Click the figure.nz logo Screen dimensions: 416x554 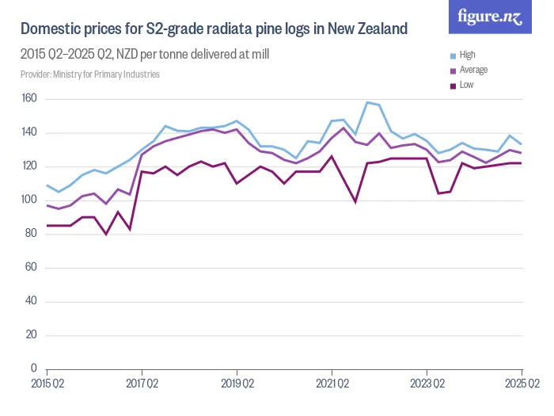[491, 17]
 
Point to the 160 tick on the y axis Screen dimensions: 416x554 [29, 99]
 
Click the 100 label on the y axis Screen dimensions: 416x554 [29, 200]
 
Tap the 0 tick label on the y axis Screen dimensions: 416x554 [34, 368]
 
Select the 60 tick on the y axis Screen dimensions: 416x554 [32, 267]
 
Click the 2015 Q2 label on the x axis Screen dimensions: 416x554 [47, 384]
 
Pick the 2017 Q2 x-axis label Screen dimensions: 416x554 [142, 384]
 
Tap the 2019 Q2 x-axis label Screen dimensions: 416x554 [237, 384]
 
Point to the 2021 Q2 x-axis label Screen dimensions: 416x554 [332, 384]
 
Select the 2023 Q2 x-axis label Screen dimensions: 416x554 [427, 384]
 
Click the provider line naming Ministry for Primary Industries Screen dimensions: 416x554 [90, 74]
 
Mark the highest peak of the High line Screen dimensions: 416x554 [367, 102]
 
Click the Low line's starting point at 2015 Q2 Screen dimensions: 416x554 [47, 226]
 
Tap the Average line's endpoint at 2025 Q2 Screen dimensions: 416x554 [522, 153]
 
